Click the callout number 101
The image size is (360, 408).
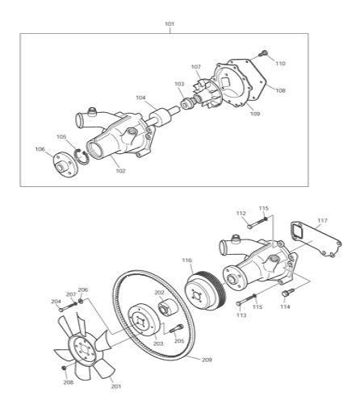click(x=170, y=24)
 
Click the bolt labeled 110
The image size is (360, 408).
click(x=263, y=53)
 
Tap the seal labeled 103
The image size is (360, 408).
click(x=186, y=103)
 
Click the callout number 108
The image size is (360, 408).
click(x=280, y=90)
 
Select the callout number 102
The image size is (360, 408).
click(x=120, y=171)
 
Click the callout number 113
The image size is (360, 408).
click(x=241, y=315)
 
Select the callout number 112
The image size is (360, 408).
click(x=241, y=213)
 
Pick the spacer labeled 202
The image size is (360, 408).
click(x=167, y=307)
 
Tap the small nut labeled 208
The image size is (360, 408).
click(x=64, y=368)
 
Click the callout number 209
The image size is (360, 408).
click(x=207, y=360)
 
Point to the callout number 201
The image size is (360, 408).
click(x=116, y=386)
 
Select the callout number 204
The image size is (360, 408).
click(x=56, y=302)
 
